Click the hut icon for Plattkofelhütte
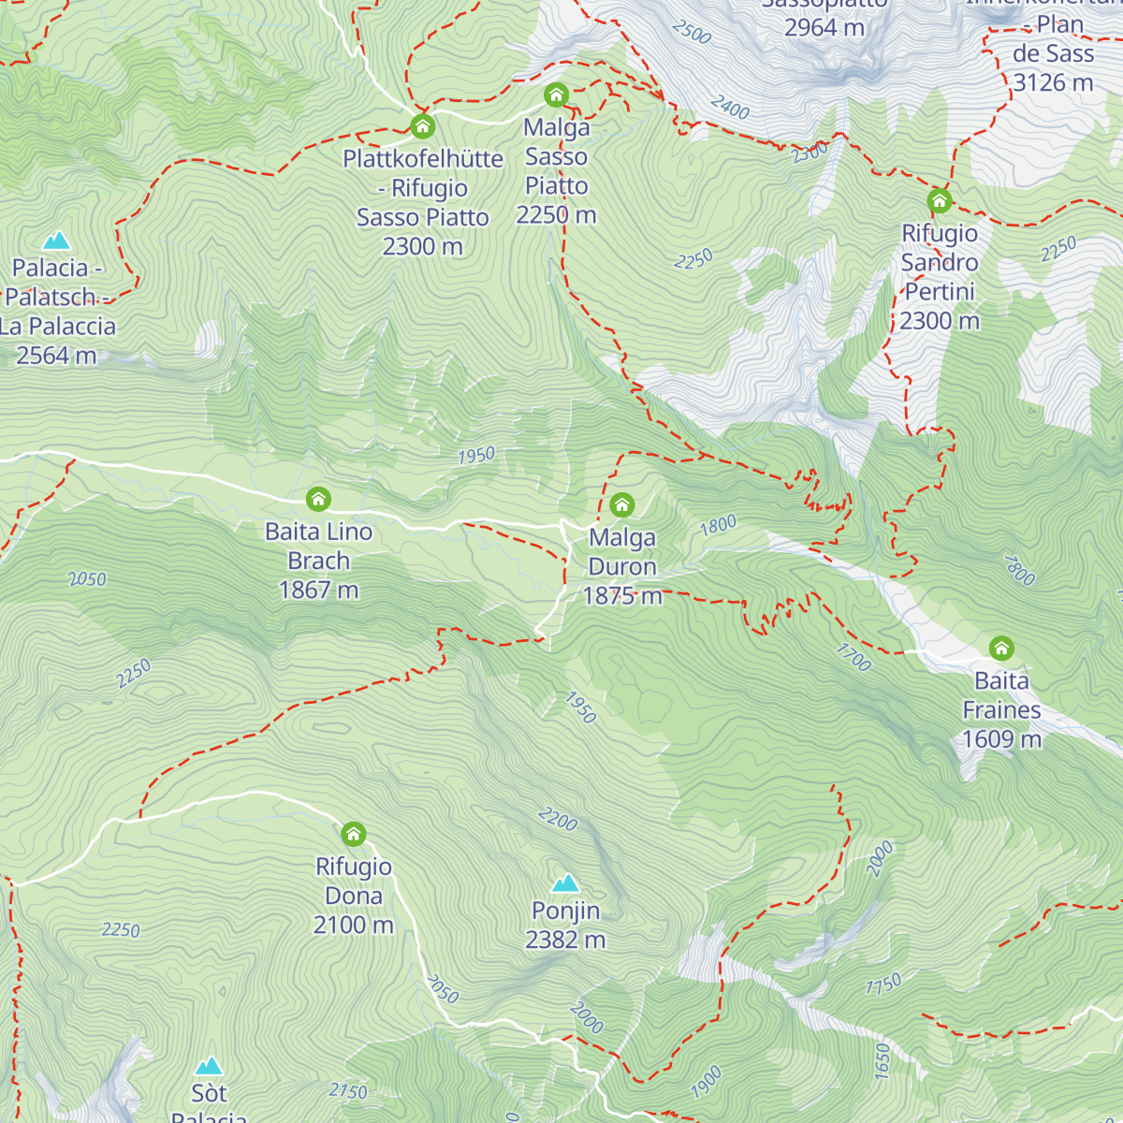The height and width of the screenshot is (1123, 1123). [x=422, y=125]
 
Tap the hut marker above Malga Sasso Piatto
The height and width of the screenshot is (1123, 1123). [x=556, y=95]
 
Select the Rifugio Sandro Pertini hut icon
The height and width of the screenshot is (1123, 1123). [x=939, y=200]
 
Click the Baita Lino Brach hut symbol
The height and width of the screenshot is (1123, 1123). [x=318, y=499]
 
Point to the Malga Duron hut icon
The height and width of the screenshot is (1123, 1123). [x=621, y=505]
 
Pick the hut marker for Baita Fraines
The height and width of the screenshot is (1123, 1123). [x=1001, y=648]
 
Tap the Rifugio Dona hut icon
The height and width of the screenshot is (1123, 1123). [x=353, y=834]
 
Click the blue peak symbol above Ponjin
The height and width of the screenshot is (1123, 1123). [x=565, y=882]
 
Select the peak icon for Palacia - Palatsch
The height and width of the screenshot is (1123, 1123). [x=56, y=241]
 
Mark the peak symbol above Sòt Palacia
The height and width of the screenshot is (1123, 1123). [x=209, y=1066]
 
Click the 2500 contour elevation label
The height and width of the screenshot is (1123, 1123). [x=692, y=32]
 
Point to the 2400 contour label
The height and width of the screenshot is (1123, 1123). [x=730, y=109]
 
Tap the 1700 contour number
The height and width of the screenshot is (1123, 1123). [x=853, y=657]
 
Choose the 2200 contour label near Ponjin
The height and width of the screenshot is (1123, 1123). [x=558, y=820]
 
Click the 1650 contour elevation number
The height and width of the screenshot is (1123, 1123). [x=882, y=1061]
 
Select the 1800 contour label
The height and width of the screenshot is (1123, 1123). [x=718, y=526]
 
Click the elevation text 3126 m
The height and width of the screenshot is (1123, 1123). [x=1053, y=83]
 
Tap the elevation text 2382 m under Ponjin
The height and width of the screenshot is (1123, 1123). [x=565, y=940]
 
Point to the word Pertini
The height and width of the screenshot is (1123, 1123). [x=940, y=292]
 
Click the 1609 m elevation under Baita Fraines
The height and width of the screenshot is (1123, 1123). [x=1001, y=739]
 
